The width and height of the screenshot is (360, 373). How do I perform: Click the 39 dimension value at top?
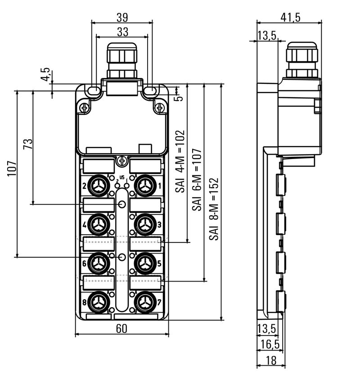pyautogui.click(x=122, y=17)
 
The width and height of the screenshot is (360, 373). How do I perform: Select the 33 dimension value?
pyautogui.click(x=122, y=32)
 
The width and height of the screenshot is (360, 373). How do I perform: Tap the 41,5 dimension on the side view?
pyautogui.click(x=290, y=17)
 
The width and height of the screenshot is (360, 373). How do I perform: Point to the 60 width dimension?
pyautogui.click(x=121, y=329)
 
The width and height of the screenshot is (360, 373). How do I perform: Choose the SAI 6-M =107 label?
pyautogui.click(x=197, y=180)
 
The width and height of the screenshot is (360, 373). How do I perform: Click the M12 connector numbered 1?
pyautogui.click(x=144, y=185)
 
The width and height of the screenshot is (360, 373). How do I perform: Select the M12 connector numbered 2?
pyautogui.click(x=99, y=185)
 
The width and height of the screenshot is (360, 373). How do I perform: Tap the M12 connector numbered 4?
pyautogui.click(x=99, y=223)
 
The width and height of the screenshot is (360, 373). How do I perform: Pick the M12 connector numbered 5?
pyautogui.click(x=144, y=262)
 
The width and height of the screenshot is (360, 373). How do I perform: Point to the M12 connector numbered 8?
pyautogui.click(x=99, y=300)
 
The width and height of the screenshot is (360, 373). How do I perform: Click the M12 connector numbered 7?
pyautogui.click(x=144, y=300)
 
